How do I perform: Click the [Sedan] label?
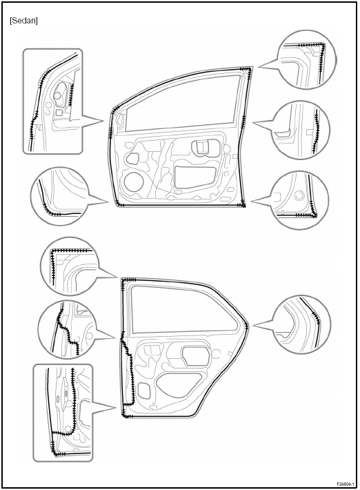(x=23, y=21)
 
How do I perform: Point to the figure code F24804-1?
(x=346, y=484)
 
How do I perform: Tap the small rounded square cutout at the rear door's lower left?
(x=144, y=391)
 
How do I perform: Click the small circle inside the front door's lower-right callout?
(x=299, y=196)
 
